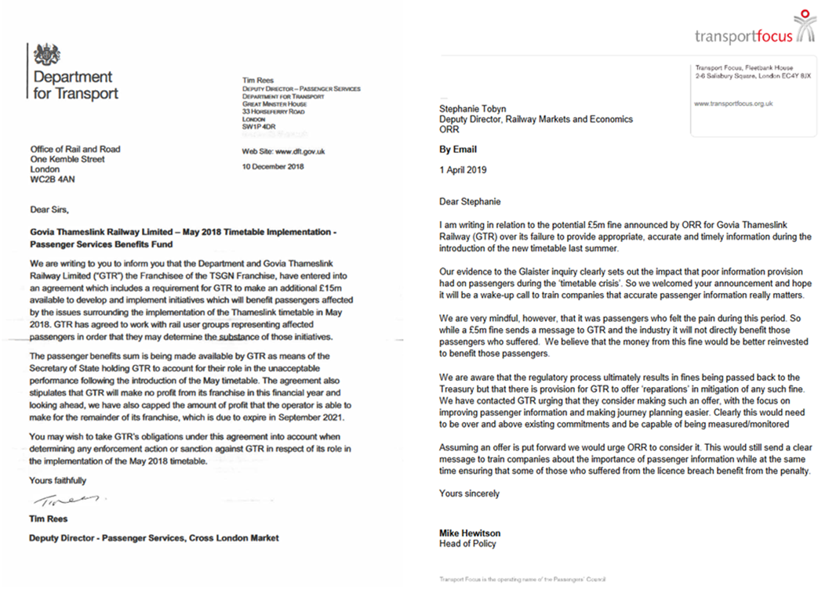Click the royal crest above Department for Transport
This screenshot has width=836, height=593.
click(48, 55)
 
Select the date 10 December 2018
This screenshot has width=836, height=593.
click(274, 166)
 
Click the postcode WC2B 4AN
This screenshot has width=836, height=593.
click(53, 179)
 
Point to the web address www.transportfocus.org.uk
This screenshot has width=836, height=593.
click(734, 103)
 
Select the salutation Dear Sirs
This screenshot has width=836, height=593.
click(49, 209)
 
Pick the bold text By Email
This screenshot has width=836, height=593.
click(458, 149)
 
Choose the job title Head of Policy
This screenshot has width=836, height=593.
click(467, 543)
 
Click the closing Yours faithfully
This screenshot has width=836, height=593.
click(58, 480)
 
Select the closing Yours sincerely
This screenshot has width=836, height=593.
click(469, 494)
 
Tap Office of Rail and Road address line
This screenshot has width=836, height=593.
click(75, 150)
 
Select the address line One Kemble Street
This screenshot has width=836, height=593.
click(67, 159)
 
